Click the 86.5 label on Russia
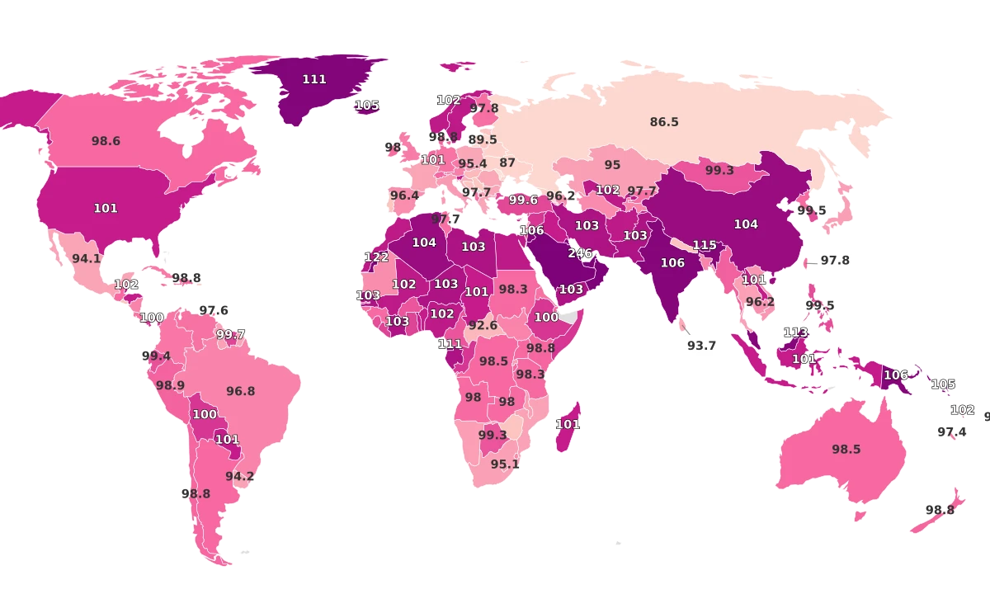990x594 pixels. [x=663, y=122]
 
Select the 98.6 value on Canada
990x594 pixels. [x=106, y=141]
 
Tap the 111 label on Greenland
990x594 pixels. [x=314, y=79]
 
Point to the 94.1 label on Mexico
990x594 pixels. [x=86, y=258]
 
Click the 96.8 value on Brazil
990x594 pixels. [x=240, y=391]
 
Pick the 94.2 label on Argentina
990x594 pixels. [x=239, y=476]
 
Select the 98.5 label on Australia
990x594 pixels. [x=846, y=450]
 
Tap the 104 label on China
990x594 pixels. [x=745, y=224]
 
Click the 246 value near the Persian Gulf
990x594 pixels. [x=580, y=253]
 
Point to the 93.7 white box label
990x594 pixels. [x=701, y=346]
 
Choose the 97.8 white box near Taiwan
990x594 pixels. [x=834, y=260]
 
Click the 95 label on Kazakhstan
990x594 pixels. [x=612, y=165]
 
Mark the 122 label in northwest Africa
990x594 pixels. [x=376, y=257]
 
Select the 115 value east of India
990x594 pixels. [x=704, y=245]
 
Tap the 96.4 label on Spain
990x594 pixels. [x=404, y=196]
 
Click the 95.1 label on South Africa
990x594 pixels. [x=504, y=464]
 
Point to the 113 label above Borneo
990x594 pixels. [x=795, y=332]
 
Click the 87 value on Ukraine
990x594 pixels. [x=507, y=163]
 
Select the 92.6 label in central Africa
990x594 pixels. [x=483, y=325]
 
